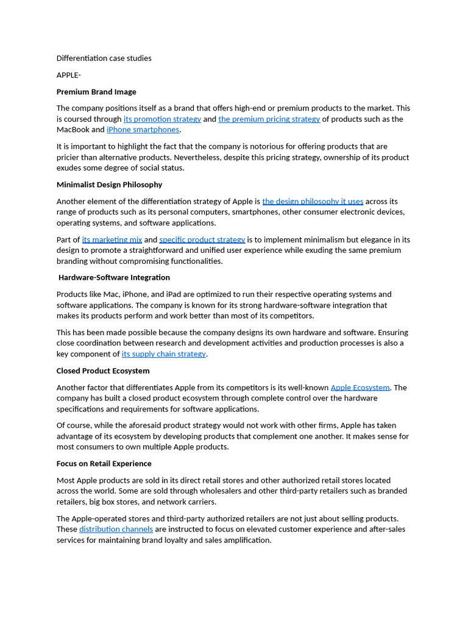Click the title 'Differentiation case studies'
pyautogui.click(x=104, y=58)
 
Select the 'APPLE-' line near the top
pyautogui.click(x=69, y=75)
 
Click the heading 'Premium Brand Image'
pyautogui.click(x=96, y=92)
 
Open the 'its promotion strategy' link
pyautogui.click(x=162, y=119)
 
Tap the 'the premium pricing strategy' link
pyautogui.click(x=269, y=119)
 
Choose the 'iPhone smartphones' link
pyautogui.click(x=143, y=130)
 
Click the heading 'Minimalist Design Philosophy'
pyautogui.click(x=109, y=185)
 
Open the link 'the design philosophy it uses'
pyautogui.click(x=313, y=202)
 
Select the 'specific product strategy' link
pyautogui.click(x=202, y=240)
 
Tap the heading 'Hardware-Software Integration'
pyautogui.click(x=114, y=278)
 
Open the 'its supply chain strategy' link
pyautogui.click(x=163, y=354)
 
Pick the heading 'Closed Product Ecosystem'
pyautogui.click(x=103, y=371)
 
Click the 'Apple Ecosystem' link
pyautogui.click(x=360, y=388)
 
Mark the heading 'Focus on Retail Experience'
pyautogui.click(x=104, y=464)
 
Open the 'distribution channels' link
pyautogui.click(x=116, y=530)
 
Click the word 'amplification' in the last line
pyautogui.click(x=246, y=540)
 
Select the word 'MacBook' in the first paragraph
pyautogui.click(x=73, y=130)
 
